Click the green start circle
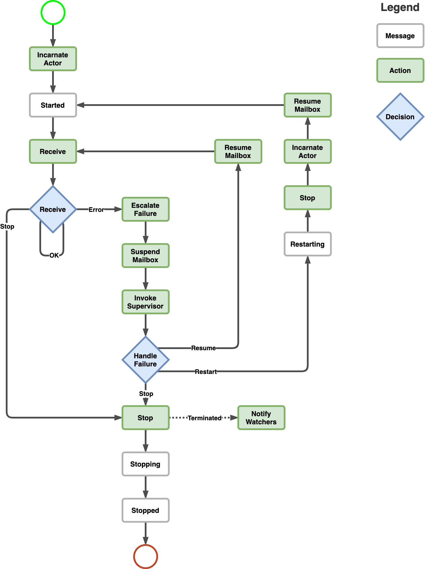coord(53,12)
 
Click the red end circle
coord(146,556)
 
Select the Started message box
coord(53,105)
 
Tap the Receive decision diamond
coord(53,209)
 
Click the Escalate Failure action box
coord(146,209)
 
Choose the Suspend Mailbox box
coord(146,256)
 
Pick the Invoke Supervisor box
coord(146,302)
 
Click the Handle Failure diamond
coord(146,360)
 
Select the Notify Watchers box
coord(261,418)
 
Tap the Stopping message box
coord(146,464)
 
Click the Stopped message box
coord(146,510)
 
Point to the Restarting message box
coord(307,244)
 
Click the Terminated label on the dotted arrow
coord(204,418)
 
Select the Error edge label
coord(96,210)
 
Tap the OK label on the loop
coord(54,255)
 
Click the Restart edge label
coord(206,372)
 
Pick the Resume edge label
coord(203,348)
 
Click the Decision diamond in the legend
coord(400,117)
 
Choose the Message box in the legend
coord(400,36)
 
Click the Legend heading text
coord(400,7)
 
